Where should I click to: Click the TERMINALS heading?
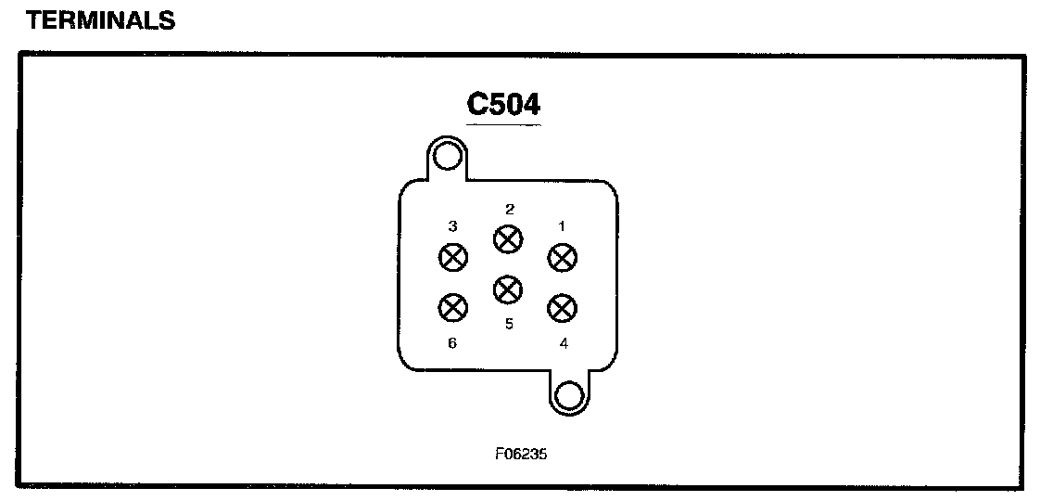tap(101, 20)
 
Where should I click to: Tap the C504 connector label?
tap(503, 104)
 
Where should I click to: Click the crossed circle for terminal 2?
tap(506, 239)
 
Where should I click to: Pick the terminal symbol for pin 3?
tap(452, 257)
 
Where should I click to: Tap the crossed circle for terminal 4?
tap(562, 306)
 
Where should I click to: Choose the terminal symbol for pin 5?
tap(506, 289)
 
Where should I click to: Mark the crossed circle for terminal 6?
tap(452, 306)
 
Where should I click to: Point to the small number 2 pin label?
tap(509, 209)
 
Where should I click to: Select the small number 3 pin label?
tap(452, 225)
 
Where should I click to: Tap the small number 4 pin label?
tap(564, 342)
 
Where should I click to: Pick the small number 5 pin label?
tap(509, 324)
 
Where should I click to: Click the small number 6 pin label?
tap(452, 342)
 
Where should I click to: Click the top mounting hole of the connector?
tap(448, 157)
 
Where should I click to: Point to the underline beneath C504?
tap(503, 124)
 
